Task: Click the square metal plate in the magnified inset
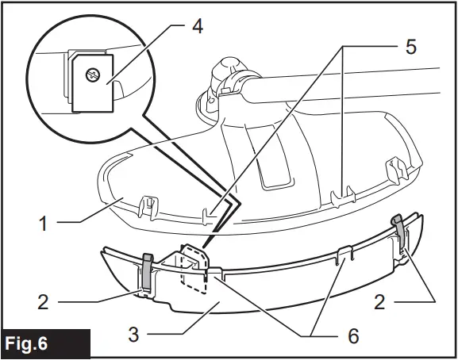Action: point(89,81)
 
